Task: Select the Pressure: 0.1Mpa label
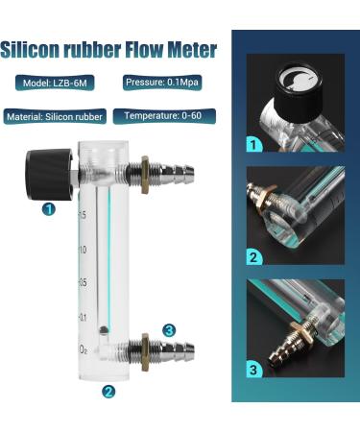point(162,83)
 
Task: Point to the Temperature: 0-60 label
point(163,116)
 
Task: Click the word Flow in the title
point(144,49)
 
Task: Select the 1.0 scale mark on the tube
point(83,250)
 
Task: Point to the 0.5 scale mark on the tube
point(83,282)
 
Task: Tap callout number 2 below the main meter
point(108,391)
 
